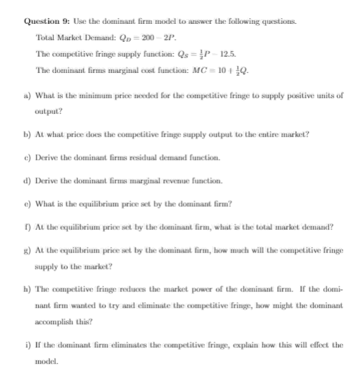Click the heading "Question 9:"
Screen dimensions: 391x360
(x=45, y=22)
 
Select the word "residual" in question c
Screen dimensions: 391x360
(x=147, y=157)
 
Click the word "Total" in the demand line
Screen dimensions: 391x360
(x=45, y=38)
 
